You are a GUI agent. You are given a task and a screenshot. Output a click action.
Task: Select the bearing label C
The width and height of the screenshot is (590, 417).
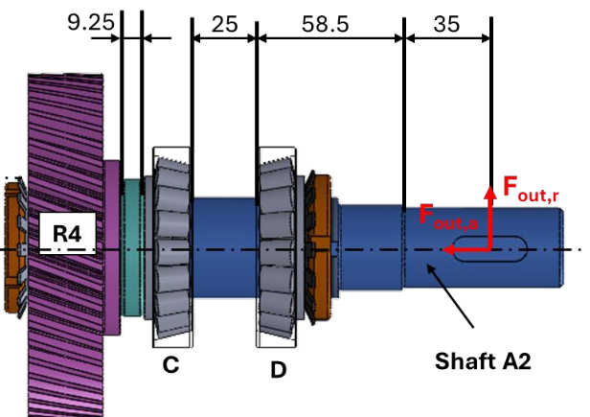(x=169, y=366)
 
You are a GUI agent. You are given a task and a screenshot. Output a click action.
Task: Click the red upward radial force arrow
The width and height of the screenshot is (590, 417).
(x=489, y=216)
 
